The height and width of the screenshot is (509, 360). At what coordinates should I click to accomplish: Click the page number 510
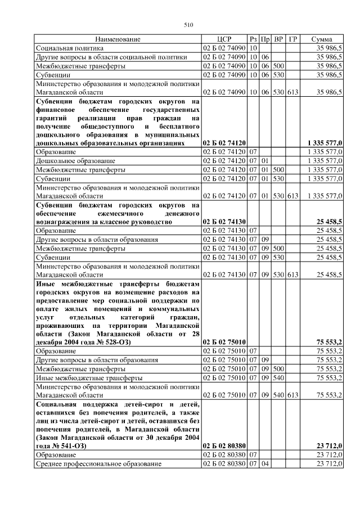coord(188,24)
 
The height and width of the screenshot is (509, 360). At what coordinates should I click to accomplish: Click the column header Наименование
coord(118,39)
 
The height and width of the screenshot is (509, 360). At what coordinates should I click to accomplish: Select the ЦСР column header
coord(224,39)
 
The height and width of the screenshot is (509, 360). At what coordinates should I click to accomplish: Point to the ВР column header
coord(279,39)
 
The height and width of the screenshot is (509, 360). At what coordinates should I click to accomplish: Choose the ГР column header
coord(293,39)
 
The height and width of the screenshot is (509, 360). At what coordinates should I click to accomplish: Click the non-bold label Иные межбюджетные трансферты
coord(89,377)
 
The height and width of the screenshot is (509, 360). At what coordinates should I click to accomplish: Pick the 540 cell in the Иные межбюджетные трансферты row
coord(279,377)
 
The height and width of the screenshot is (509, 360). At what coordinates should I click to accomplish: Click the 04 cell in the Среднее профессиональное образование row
coord(265,463)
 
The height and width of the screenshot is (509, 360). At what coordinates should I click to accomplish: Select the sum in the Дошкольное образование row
coord(326,161)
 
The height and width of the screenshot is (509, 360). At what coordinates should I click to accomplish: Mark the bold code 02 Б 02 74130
coord(224,222)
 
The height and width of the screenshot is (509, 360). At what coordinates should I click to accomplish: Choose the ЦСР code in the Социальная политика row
coord(224,48)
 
